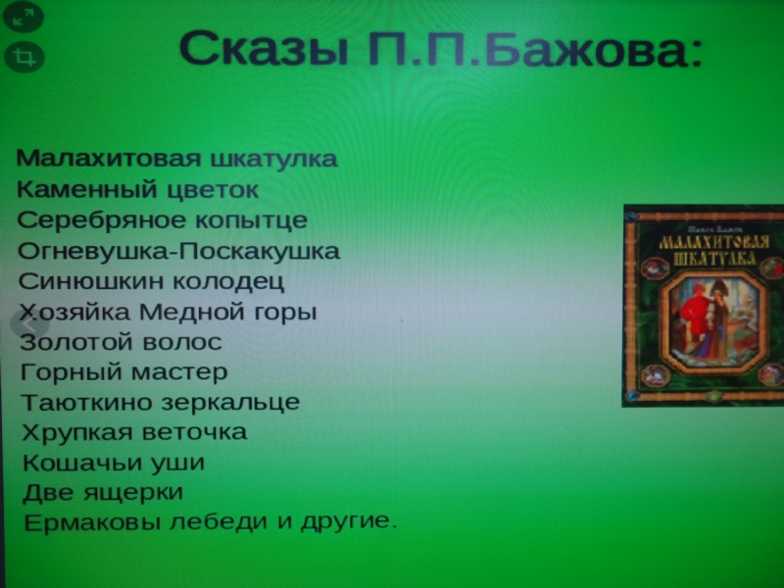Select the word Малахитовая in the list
[x=109, y=158]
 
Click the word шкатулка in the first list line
[x=274, y=159]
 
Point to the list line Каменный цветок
[x=137, y=190]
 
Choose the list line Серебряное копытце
[x=163, y=220]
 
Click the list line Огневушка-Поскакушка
[x=178, y=251]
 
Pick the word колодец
[x=228, y=281]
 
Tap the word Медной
[x=192, y=312]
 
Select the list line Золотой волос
[x=121, y=342]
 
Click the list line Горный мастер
[x=124, y=372]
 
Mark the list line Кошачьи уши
[x=114, y=463]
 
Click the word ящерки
[x=133, y=493]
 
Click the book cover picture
[x=703, y=306]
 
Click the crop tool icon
[x=24, y=57]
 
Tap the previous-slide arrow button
[x=30, y=324]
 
